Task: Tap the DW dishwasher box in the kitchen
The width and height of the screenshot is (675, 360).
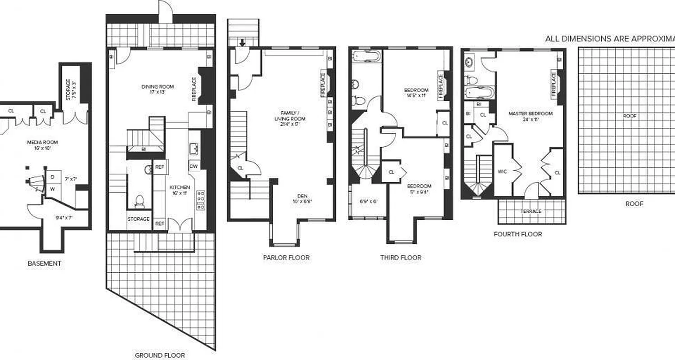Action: (193, 166)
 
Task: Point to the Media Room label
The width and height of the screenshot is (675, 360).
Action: (43, 142)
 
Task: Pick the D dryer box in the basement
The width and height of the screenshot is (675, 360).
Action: (52, 177)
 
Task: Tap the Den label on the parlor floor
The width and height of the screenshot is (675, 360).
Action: (301, 195)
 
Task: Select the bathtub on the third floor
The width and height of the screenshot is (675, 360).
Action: (367, 56)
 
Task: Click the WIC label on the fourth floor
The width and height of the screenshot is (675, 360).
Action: (502, 171)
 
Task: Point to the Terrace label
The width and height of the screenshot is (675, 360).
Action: (531, 211)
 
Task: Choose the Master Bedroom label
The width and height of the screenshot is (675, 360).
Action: (531, 114)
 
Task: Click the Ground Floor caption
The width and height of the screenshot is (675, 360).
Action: (160, 355)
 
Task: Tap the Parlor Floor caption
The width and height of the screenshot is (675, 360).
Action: (286, 257)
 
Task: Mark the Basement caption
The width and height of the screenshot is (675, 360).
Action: (44, 263)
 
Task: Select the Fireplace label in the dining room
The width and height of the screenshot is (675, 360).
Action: (194, 89)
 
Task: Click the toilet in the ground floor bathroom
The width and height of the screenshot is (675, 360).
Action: (139, 201)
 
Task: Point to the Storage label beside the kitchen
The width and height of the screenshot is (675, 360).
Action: (139, 219)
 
